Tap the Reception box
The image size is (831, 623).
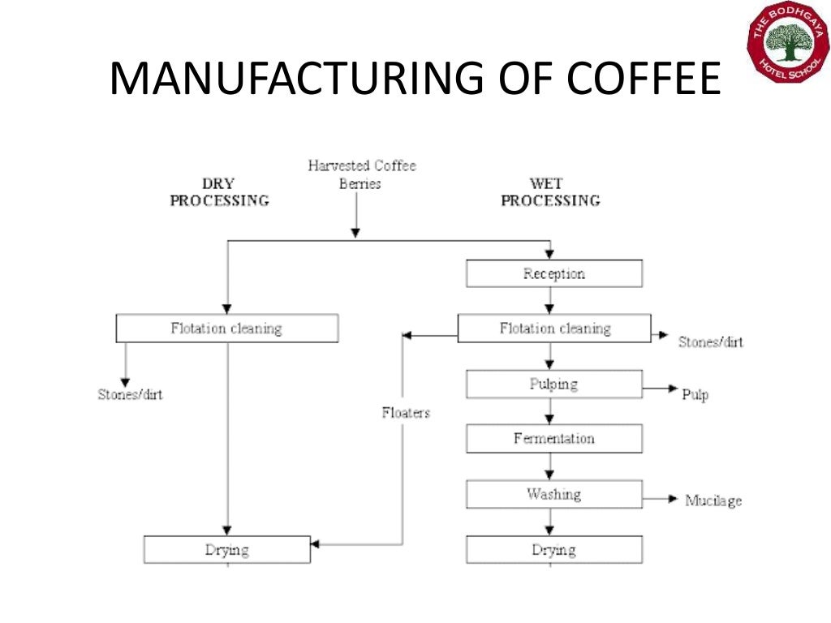click(553, 273)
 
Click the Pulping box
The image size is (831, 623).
click(553, 384)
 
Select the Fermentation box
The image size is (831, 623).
click(553, 439)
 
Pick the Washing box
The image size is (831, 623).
click(553, 494)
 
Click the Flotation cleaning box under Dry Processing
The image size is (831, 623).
click(226, 329)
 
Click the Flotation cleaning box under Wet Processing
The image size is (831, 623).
click(554, 329)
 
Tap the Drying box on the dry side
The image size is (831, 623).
click(226, 550)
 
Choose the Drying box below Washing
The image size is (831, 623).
click(553, 550)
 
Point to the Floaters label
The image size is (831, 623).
click(406, 413)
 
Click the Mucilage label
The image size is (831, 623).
click(713, 501)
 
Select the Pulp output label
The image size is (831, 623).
click(695, 395)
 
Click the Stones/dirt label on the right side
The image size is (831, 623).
click(710, 342)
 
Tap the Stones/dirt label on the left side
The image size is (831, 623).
click(130, 395)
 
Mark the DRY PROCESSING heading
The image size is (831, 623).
click(219, 192)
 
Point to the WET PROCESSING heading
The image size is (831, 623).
click(550, 192)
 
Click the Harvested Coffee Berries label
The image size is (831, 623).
click(361, 174)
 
